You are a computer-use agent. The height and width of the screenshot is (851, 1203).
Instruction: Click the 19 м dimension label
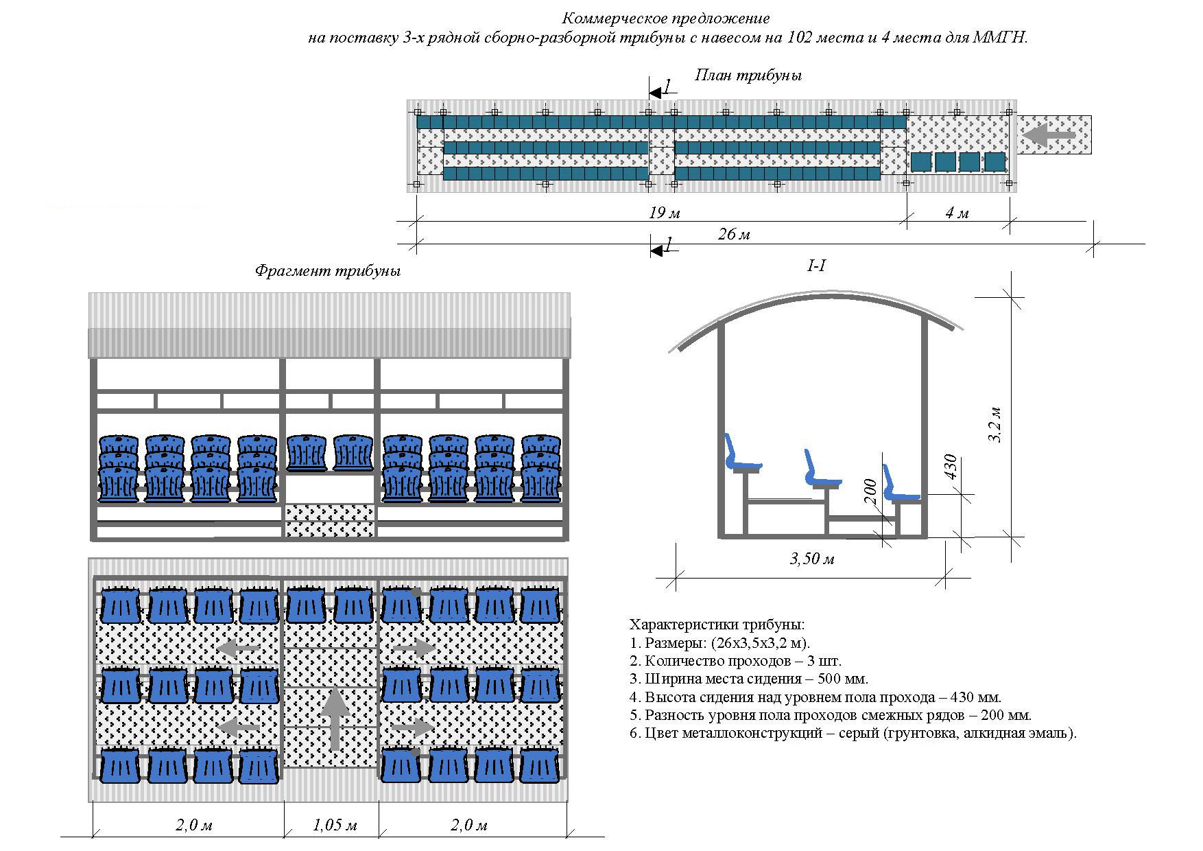664,213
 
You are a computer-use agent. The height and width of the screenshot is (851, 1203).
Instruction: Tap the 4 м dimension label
957,213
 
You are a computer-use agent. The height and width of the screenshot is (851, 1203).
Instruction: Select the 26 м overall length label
733,235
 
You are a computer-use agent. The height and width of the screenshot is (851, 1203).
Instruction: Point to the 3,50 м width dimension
812,559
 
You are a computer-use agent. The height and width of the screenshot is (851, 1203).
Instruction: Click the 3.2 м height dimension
996,425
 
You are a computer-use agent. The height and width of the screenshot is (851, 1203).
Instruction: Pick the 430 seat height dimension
950,469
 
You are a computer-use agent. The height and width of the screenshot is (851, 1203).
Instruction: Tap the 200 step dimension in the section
870,492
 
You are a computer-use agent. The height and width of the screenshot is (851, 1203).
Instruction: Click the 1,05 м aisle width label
335,825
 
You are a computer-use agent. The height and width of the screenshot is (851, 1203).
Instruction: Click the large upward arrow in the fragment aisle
335,717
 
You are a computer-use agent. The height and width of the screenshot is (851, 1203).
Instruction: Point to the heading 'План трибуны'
748,75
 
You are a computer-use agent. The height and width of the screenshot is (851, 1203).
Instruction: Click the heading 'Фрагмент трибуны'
327,270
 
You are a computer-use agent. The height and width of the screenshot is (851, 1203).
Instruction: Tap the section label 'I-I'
816,266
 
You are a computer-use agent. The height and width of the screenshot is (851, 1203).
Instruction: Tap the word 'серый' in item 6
860,733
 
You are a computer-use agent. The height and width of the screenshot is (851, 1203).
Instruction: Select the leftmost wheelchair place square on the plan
921,162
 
